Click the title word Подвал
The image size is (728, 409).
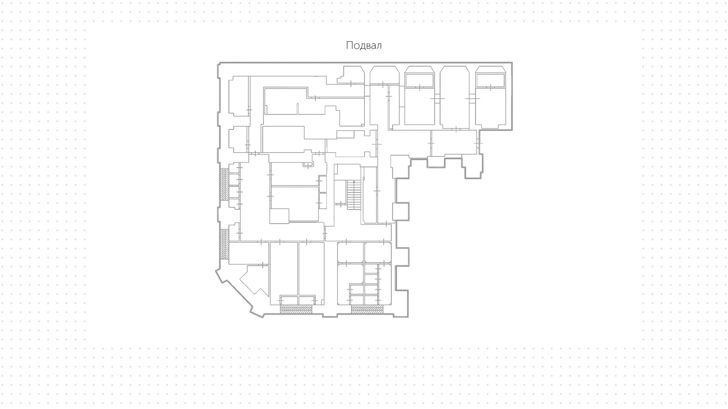(364, 46)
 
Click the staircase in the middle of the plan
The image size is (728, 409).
(353, 195)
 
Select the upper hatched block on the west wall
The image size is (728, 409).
(224, 184)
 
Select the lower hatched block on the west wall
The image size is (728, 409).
(224, 244)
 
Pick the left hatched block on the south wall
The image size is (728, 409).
(296, 309)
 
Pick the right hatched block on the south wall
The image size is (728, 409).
(367, 309)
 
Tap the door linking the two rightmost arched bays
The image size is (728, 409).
(473, 98)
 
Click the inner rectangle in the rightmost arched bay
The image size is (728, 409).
(490, 80)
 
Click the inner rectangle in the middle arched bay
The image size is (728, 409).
(419, 80)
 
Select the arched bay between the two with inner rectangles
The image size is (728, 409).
(455, 97)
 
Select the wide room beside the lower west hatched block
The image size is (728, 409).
(249, 253)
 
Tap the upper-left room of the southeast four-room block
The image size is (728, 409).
(350, 252)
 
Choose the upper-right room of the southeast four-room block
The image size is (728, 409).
(378, 252)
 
